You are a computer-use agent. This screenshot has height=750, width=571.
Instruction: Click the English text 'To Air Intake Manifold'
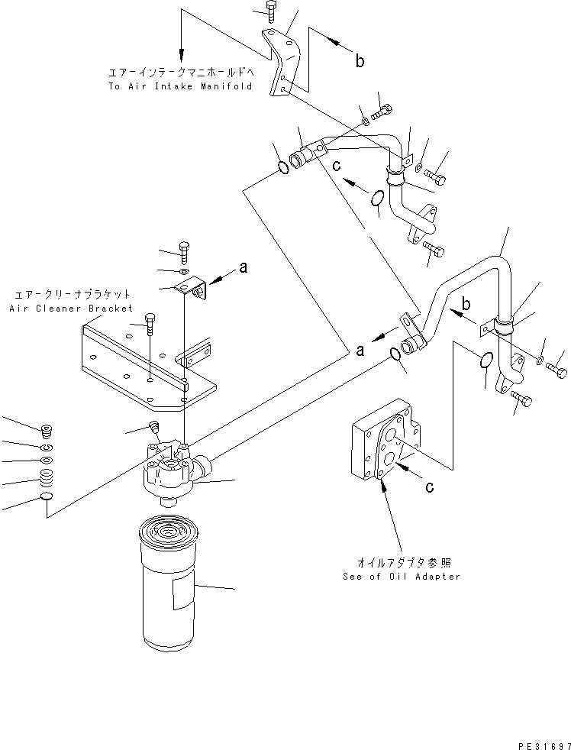click(179, 86)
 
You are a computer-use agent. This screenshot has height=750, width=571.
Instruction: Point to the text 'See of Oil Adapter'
click(402, 576)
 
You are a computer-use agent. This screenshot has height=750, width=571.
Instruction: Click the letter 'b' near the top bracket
click(359, 61)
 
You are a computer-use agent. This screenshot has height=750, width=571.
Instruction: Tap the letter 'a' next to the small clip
click(243, 267)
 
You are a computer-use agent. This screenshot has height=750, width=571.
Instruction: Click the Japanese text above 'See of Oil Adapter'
click(402, 562)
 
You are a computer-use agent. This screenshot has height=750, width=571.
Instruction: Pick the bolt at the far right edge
click(556, 370)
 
